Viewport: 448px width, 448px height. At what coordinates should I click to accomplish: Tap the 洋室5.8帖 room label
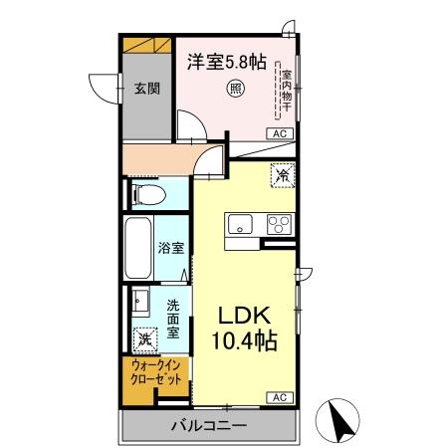click(x=225, y=60)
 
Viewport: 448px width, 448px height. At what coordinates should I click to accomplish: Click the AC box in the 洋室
click(x=280, y=132)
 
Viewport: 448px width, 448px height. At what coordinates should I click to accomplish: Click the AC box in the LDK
click(x=280, y=396)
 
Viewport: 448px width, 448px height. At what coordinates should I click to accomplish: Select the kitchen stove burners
click(x=278, y=223)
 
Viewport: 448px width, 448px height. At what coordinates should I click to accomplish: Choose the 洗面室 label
click(x=173, y=320)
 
